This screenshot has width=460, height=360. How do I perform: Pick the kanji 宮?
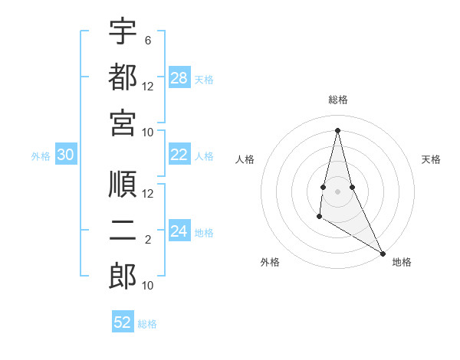(x=123, y=123)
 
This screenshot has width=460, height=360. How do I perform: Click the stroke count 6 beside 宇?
(x=148, y=40)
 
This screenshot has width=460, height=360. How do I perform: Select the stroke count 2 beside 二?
(x=148, y=241)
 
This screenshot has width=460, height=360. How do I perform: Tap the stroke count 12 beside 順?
(x=148, y=193)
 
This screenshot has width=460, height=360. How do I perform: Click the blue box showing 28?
(x=179, y=78)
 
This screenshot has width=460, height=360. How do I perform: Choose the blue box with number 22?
(x=179, y=155)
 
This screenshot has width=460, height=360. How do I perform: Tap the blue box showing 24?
(x=179, y=231)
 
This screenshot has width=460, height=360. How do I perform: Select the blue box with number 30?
(x=66, y=155)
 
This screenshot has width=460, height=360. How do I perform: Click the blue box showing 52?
(x=123, y=322)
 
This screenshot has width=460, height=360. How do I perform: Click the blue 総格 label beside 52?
(x=147, y=324)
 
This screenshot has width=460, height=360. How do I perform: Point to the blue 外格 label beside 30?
(x=41, y=156)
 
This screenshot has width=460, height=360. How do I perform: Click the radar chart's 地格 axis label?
(x=402, y=262)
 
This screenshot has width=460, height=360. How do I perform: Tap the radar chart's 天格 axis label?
(x=431, y=159)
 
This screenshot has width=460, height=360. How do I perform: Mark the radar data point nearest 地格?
(x=383, y=254)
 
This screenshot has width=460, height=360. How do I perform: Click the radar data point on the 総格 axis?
(x=337, y=129)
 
